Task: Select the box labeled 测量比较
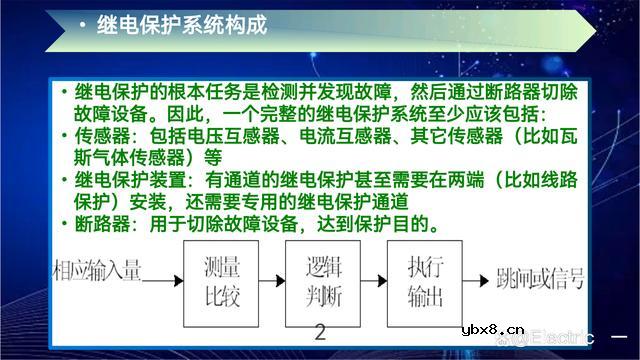click(x=223, y=281)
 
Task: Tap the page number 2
click(x=321, y=333)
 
